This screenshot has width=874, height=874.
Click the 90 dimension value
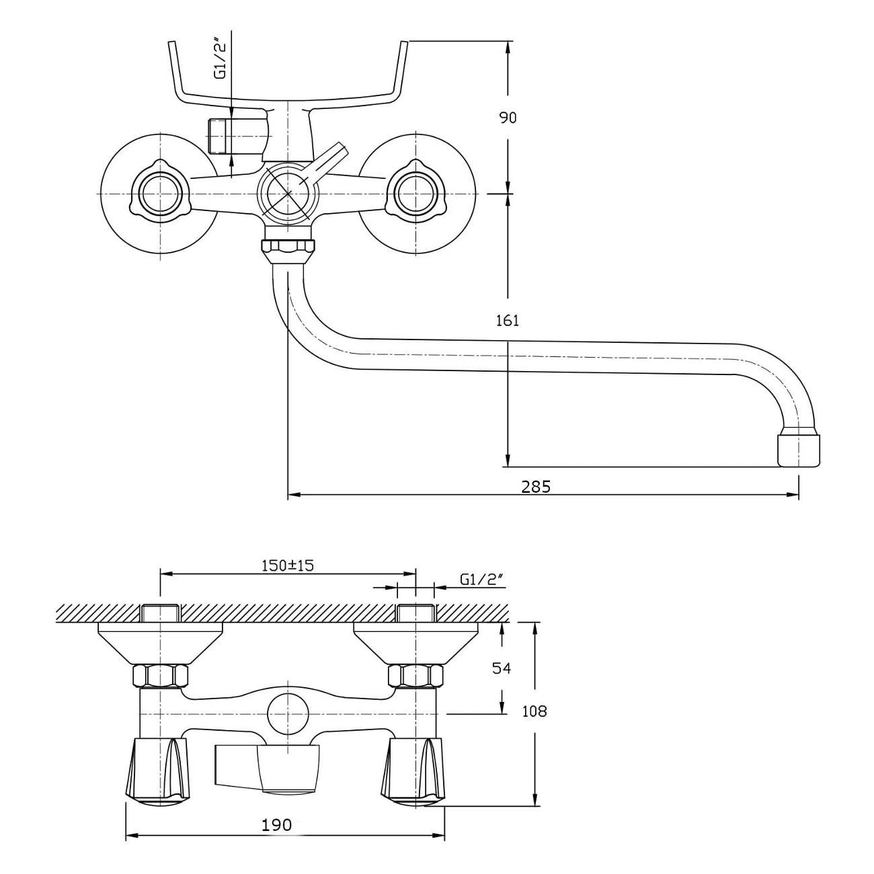point(508,118)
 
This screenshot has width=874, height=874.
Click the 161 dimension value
point(508,321)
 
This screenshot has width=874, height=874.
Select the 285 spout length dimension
point(536,487)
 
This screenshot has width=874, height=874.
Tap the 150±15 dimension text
point(288,565)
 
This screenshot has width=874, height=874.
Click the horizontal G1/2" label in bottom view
point(481,579)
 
